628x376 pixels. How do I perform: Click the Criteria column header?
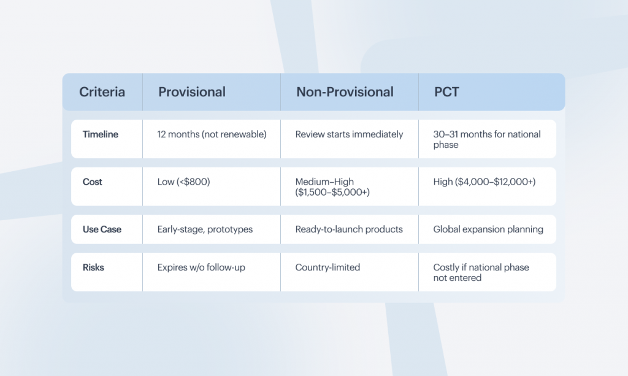coord(102,92)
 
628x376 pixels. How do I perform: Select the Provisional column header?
coord(192,92)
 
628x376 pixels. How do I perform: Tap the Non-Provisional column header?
coord(345,92)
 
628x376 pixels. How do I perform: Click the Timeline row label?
coord(101,134)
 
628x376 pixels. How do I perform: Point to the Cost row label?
coord(93,182)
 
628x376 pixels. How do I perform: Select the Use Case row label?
coord(102,229)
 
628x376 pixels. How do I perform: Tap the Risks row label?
coord(93,267)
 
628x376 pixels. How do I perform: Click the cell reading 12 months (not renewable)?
coord(212,134)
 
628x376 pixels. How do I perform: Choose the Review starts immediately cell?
coord(349,134)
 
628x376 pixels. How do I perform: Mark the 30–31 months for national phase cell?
coord(487,139)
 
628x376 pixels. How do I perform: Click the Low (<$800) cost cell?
coord(184,182)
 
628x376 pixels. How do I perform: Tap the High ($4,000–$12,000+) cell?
coord(484,182)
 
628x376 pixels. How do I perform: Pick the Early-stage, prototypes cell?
coord(205,229)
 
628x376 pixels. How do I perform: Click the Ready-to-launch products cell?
coord(349,229)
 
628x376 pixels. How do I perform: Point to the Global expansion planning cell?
coord(488,229)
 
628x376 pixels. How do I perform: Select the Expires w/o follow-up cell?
coord(201,267)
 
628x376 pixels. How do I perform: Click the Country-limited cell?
coord(327,267)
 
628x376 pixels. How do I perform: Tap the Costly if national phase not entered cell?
coord(481,272)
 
